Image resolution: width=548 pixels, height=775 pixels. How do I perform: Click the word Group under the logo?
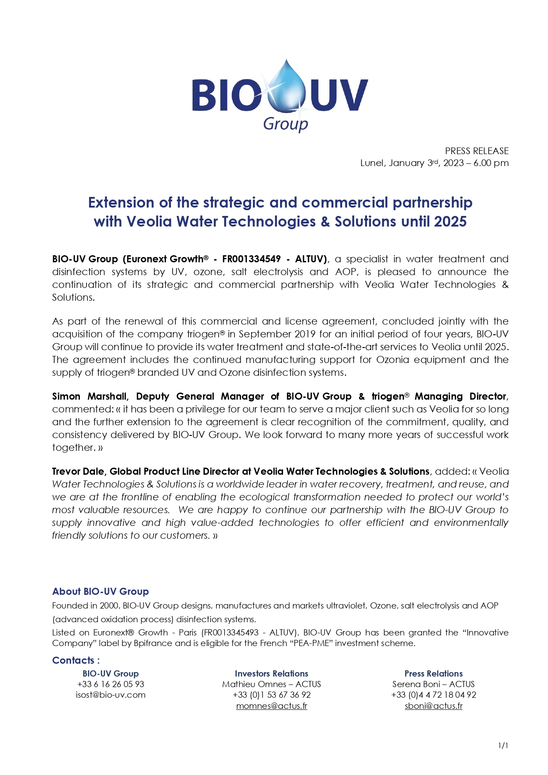[285, 124]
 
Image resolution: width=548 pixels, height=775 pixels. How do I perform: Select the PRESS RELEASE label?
[476, 151]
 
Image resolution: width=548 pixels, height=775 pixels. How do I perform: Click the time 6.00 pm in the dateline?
[491, 163]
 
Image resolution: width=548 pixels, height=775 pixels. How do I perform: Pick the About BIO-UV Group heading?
[100, 591]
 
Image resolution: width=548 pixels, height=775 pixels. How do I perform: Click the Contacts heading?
[76, 660]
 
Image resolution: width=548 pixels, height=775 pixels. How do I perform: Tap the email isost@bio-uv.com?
[110, 695]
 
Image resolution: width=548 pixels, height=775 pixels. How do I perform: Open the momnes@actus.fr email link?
[272, 706]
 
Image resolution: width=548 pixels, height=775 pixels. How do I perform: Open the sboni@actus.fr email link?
[434, 706]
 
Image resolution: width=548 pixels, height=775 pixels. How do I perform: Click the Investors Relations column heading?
[272, 673]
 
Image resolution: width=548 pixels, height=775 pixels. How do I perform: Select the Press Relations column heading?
[434, 673]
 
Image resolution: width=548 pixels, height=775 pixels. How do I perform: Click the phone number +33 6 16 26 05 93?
[110, 684]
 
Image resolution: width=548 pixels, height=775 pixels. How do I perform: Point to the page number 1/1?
[503, 745]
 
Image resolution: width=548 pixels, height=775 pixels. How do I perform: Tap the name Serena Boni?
[416, 684]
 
